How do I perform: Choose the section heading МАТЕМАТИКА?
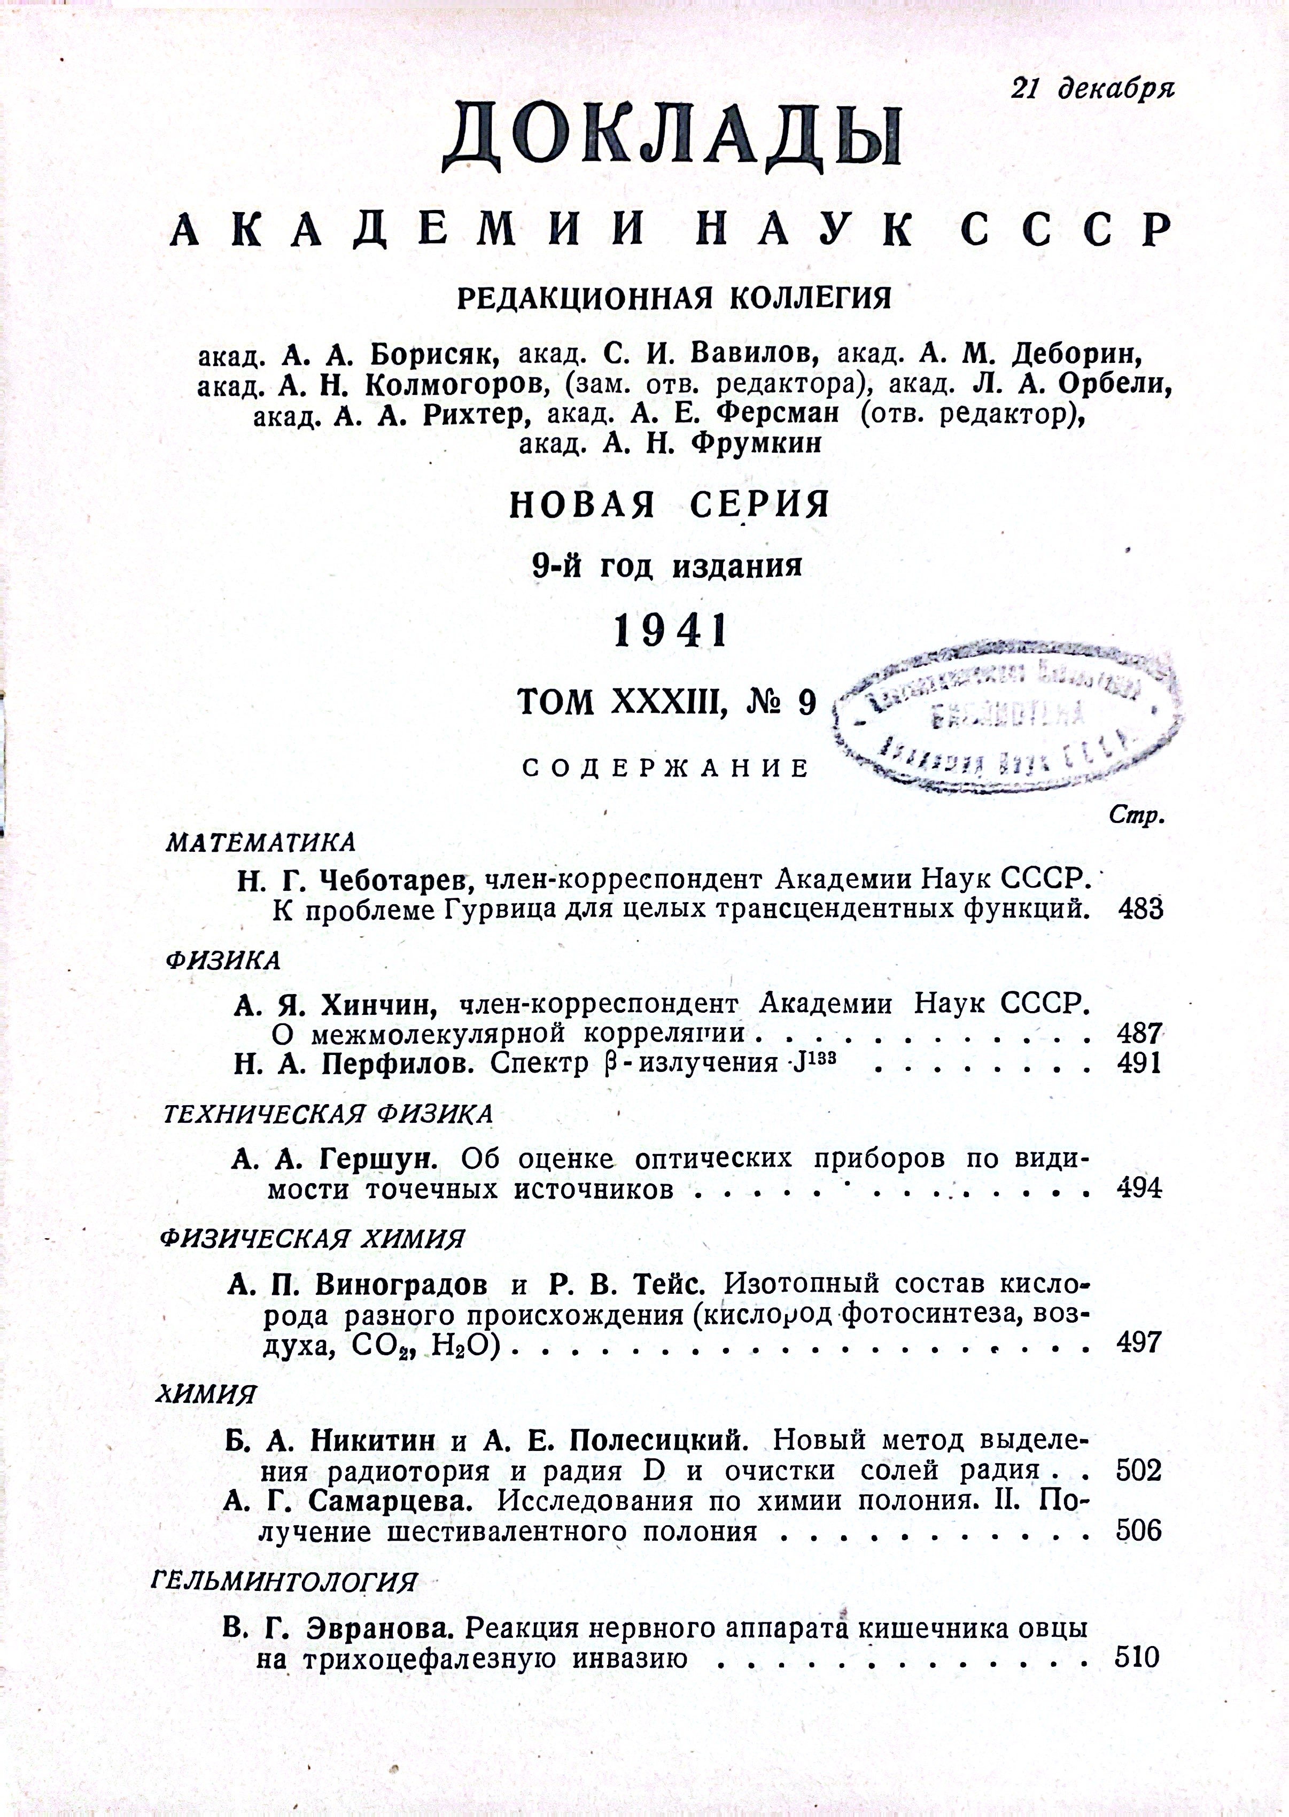(260, 842)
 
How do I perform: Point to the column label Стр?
(1134, 817)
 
